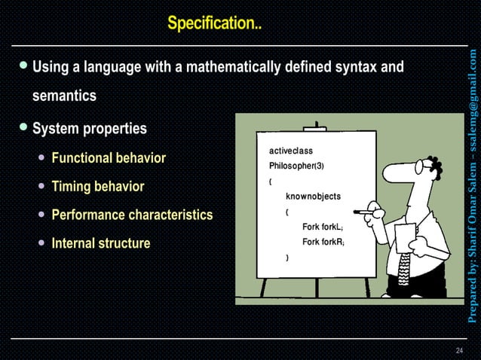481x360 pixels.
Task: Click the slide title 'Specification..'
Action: coord(214,24)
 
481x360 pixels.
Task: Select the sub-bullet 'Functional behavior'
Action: coord(109,159)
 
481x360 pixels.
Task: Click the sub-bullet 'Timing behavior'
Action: coord(97,187)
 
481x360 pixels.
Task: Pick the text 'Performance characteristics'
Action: coord(132,215)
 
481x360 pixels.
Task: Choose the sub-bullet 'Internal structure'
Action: coord(100,243)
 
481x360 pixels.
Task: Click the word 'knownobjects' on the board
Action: coord(313,197)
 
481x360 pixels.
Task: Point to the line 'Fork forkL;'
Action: coord(323,227)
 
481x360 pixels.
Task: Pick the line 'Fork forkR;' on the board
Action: coord(323,242)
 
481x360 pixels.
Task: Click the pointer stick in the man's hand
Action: coord(369,212)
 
